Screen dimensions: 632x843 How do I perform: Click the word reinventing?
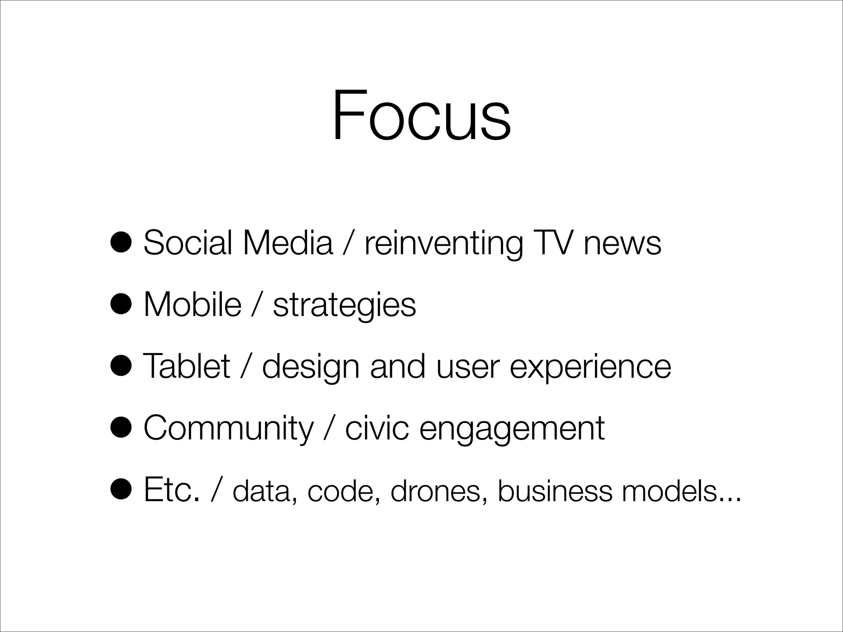(x=443, y=244)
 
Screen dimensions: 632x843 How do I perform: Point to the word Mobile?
(x=192, y=305)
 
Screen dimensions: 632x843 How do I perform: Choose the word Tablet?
(x=186, y=367)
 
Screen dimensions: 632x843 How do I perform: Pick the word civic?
(x=377, y=429)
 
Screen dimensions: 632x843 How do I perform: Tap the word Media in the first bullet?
(x=287, y=243)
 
